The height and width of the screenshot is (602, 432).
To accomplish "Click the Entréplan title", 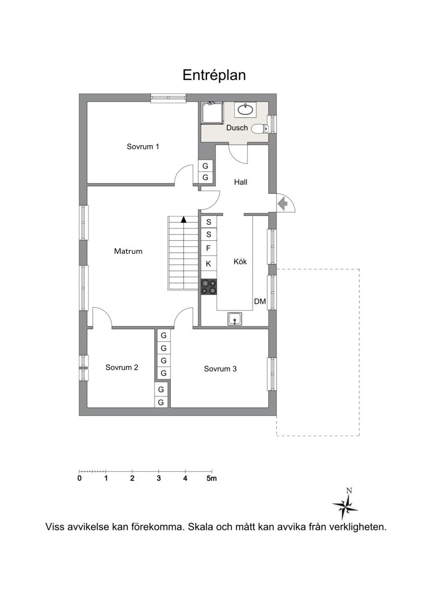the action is pos(214,75).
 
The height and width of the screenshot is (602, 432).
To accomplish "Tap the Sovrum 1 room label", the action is pos(143,147).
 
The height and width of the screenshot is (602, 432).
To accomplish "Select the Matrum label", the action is pos(129,252).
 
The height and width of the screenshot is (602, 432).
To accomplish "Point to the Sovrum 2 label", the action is pos(122,368).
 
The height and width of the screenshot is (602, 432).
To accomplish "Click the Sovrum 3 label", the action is pos(220,369).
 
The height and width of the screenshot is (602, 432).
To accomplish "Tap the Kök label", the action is pos(240,262).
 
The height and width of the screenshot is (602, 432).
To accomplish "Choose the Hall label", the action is pos(241,182).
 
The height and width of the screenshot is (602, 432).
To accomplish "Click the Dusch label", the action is pos(237,128).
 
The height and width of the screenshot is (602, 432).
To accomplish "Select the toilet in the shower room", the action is pos(260,128).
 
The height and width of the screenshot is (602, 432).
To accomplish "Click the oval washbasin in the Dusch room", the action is pos(245,110).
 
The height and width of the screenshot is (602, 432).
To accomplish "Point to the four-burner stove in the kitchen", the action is pos(209,287).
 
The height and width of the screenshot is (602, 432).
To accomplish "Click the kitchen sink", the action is pos(235,319).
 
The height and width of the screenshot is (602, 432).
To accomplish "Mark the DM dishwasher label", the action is pos(260,302).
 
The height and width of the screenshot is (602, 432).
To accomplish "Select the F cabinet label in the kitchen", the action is pos(208,248).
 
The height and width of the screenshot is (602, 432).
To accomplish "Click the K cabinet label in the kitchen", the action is pos(208,264).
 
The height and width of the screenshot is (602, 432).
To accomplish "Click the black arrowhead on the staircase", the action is pos(184,220).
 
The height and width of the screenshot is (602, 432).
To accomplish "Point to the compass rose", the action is pos(346,504).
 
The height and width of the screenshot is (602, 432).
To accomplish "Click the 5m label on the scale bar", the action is pos(212,479).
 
